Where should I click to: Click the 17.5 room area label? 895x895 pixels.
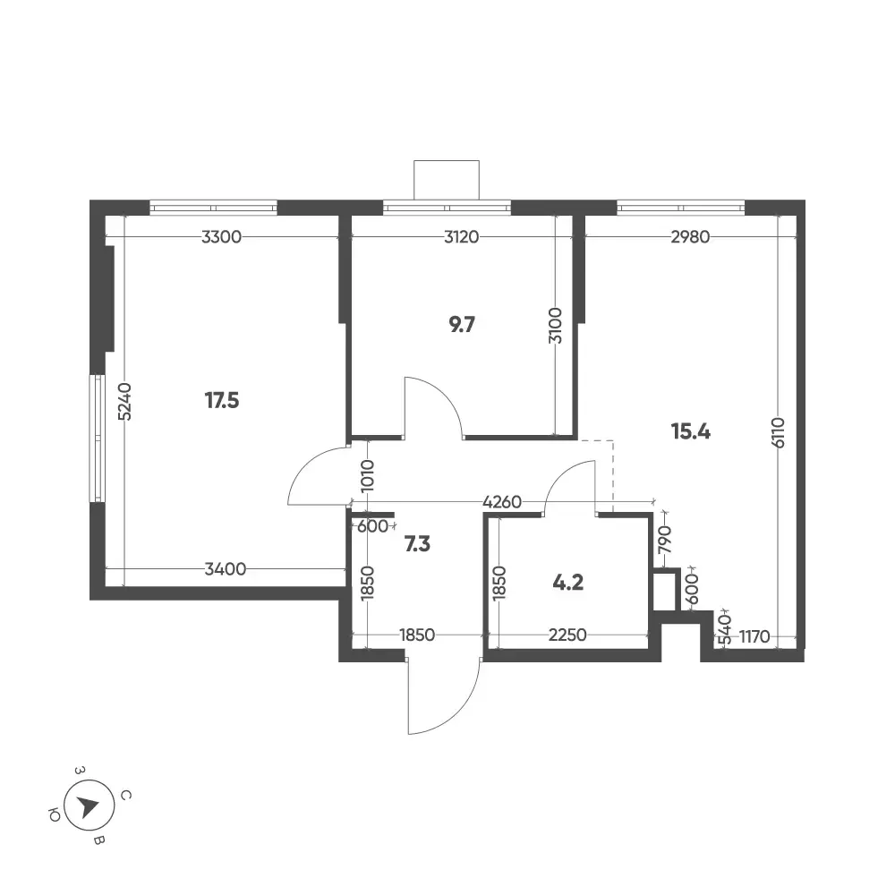[x=222, y=401]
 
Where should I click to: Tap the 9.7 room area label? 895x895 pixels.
[x=462, y=325]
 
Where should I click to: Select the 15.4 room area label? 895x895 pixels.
[x=691, y=432]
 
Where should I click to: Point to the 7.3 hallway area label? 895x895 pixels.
[x=417, y=544]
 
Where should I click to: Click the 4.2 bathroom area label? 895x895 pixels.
[x=568, y=583]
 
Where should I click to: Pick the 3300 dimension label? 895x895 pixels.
[x=221, y=236]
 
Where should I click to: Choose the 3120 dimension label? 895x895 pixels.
[x=461, y=236]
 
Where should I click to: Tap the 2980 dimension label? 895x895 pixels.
[x=690, y=236]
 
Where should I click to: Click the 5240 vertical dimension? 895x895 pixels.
[x=124, y=401]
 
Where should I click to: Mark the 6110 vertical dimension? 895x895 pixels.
[x=778, y=432]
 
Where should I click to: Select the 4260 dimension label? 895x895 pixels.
[x=502, y=502]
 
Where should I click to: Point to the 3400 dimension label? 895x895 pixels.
[x=226, y=569]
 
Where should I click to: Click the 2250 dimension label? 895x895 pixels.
[x=567, y=635]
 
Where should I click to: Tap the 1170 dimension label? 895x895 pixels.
[x=754, y=635]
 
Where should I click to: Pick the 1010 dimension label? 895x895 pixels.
[x=367, y=475]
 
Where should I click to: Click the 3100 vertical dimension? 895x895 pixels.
[x=555, y=326]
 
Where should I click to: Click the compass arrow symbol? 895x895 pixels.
[x=89, y=806]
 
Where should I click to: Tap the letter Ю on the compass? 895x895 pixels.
[x=55, y=815]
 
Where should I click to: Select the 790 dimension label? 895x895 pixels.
[x=665, y=540]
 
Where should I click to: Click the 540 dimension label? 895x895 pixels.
[x=724, y=629]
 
